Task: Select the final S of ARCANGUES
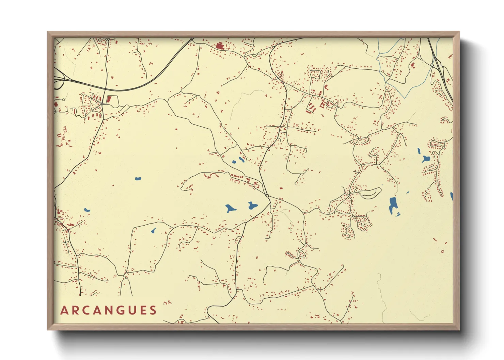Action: [153, 310]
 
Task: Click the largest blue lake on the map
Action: [393, 204]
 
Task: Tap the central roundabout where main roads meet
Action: [268, 196]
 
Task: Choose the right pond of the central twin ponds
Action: [252, 206]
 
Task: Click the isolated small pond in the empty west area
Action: [138, 179]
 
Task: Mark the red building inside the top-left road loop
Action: [109, 99]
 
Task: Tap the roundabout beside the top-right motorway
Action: [432, 65]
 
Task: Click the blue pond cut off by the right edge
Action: [452, 196]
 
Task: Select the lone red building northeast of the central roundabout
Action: [281, 187]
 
